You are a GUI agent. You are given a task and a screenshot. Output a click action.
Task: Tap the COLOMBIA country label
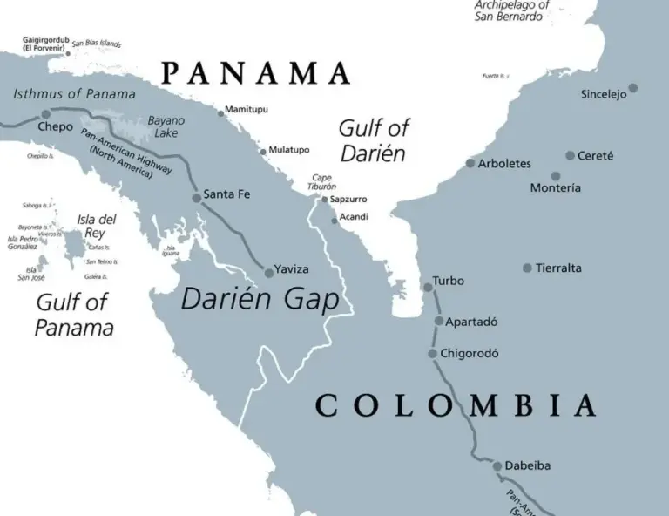[x=456, y=405]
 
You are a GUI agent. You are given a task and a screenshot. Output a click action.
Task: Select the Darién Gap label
[x=259, y=299]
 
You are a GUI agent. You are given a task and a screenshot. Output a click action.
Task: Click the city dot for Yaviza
[x=269, y=272]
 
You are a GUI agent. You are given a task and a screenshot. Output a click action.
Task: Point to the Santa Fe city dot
[x=196, y=198]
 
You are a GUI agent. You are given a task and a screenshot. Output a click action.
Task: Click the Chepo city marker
[x=46, y=113]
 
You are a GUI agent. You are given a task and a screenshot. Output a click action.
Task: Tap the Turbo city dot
[x=427, y=287]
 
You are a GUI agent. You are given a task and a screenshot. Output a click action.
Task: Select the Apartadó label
[x=471, y=322]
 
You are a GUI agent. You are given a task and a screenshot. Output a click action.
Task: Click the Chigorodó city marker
[x=432, y=353]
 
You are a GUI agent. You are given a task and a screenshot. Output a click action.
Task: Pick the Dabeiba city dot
[x=497, y=466]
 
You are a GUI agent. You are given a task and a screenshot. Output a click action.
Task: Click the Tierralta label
[x=558, y=268]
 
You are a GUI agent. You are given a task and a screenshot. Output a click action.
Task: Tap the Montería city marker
[x=555, y=176]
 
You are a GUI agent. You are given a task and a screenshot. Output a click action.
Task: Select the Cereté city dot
[x=570, y=155]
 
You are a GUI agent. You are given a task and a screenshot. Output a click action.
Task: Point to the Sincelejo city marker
[x=633, y=87]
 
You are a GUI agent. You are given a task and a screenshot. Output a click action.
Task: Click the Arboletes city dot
[x=470, y=163]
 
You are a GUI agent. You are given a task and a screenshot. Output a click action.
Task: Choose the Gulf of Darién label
[x=373, y=141]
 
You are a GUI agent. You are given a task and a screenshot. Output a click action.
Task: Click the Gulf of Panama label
[x=74, y=316]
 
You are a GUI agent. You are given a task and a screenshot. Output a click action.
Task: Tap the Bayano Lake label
[x=166, y=126]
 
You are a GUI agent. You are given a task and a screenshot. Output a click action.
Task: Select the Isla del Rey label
[x=97, y=226]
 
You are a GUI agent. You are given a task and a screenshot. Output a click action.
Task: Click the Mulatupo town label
[x=288, y=150]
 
